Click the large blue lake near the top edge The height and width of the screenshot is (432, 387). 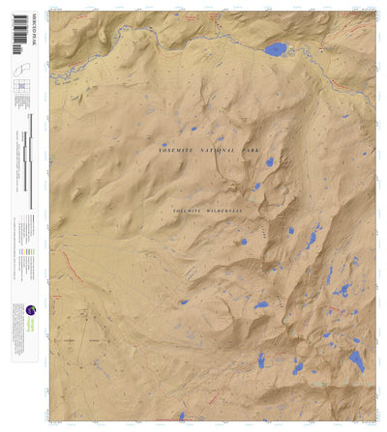(276, 48)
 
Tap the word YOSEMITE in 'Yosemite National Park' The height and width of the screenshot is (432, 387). (177, 152)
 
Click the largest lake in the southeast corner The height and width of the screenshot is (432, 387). (356, 362)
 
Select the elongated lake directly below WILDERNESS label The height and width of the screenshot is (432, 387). (243, 242)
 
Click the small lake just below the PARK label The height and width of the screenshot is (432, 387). (270, 161)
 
